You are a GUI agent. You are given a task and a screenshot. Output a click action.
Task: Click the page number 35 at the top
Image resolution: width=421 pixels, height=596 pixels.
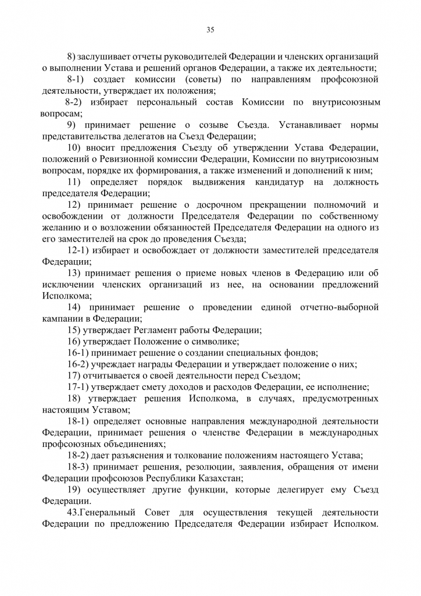211,30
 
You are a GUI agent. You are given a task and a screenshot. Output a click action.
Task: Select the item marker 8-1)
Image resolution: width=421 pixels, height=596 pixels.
77,79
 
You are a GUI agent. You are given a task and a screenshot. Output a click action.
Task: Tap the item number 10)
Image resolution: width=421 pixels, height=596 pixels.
76,147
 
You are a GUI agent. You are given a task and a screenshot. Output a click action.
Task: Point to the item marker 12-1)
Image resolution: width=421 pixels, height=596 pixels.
78,250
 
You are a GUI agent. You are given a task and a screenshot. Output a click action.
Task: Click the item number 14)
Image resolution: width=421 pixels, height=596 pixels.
76,307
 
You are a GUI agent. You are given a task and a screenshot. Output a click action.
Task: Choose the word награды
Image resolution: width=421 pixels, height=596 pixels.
154,364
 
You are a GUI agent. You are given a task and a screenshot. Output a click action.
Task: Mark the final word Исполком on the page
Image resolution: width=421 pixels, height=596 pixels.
354,524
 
